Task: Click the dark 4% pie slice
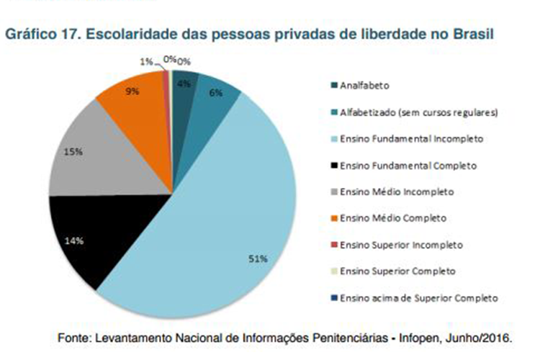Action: pos(185,85)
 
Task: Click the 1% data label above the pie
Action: pos(146,62)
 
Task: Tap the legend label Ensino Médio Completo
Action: pos(394,217)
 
